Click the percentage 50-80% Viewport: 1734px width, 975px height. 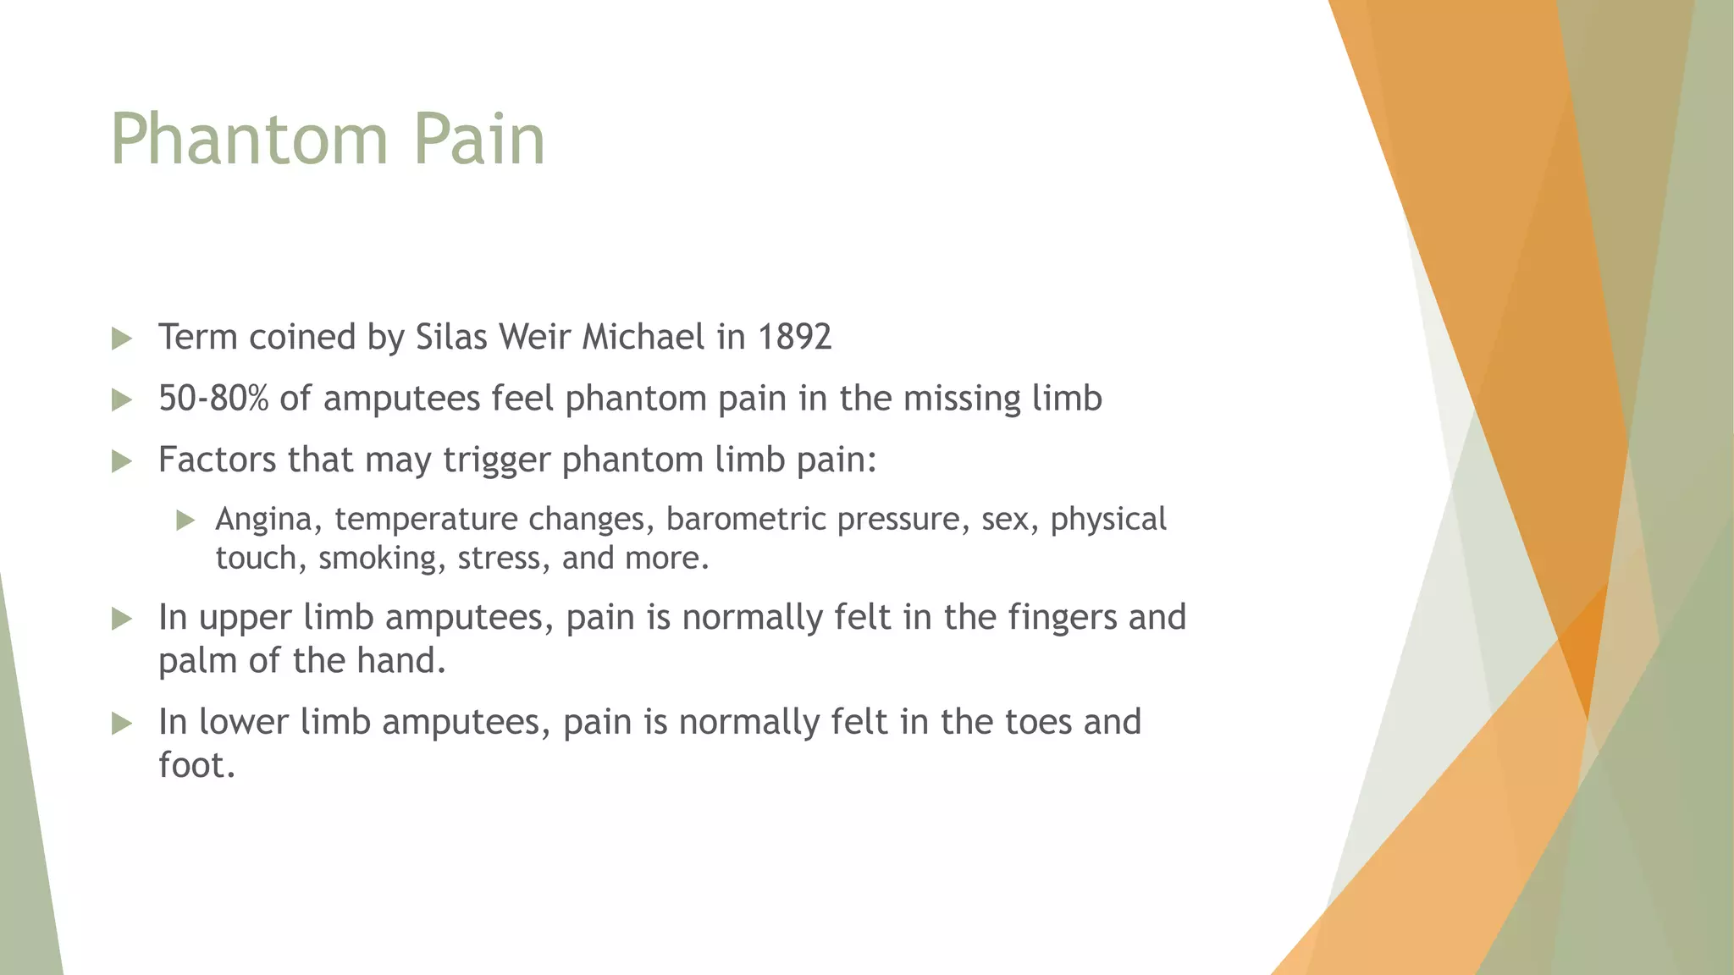(213, 398)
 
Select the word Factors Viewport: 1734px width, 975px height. (218, 460)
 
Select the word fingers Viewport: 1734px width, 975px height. (1062, 618)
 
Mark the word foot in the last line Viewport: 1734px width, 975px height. (195, 765)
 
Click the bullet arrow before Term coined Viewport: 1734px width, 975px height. (122, 339)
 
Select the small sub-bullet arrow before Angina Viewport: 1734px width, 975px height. (185, 521)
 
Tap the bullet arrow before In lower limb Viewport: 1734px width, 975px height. (122, 724)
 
